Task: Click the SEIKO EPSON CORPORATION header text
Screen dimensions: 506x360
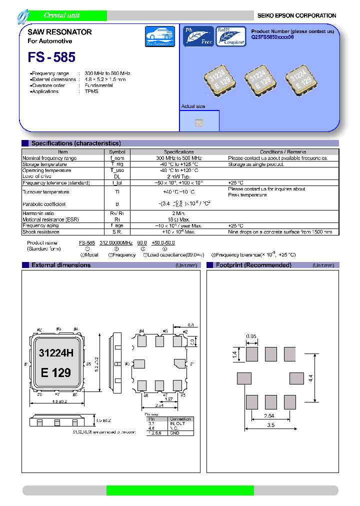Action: click(296, 15)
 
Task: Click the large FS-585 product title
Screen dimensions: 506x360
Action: click(52, 57)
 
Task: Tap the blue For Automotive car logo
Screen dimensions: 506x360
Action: click(159, 37)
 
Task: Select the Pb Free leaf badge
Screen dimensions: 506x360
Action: click(198, 36)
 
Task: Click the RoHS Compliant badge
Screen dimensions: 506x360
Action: click(230, 36)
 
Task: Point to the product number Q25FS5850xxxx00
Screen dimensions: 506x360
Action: click(272, 37)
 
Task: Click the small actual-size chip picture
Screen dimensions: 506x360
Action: click(199, 121)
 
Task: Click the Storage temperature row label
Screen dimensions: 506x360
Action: click(44, 164)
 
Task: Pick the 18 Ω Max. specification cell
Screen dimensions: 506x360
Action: click(178, 219)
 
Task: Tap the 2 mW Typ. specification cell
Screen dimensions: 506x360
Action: click(178, 176)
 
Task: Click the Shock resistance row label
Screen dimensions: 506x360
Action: click(41, 231)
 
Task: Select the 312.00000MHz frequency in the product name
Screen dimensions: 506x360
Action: click(116, 242)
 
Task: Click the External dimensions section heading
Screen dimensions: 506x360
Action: click(61, 265)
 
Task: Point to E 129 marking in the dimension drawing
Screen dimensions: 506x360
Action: click(56, 372)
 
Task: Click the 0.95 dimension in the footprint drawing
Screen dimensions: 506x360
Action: click(252, 336)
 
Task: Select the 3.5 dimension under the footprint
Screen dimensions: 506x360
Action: click(270, 425)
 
